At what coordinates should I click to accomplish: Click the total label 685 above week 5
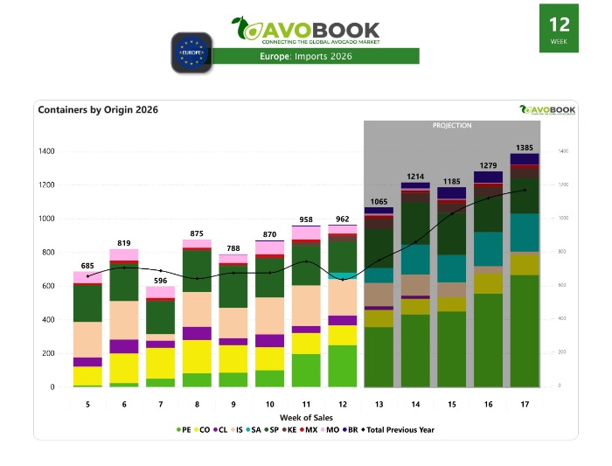(x=87, y=266)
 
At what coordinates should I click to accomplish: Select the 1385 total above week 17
(x=525, y=148)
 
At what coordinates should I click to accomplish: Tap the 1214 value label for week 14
(x=415, y=177)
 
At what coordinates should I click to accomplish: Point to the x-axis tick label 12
(x=342, y=405)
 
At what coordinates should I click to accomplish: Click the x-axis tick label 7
(x=160, y=405)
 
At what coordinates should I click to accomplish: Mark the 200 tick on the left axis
(x=47, y=353)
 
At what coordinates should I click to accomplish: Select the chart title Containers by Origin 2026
(x=98, y=110)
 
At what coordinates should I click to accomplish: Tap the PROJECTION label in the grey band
(x=452, y=126)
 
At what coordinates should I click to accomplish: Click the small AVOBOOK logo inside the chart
(x=547, y=109)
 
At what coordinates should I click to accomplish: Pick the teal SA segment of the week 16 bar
(x=489, y=248)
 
